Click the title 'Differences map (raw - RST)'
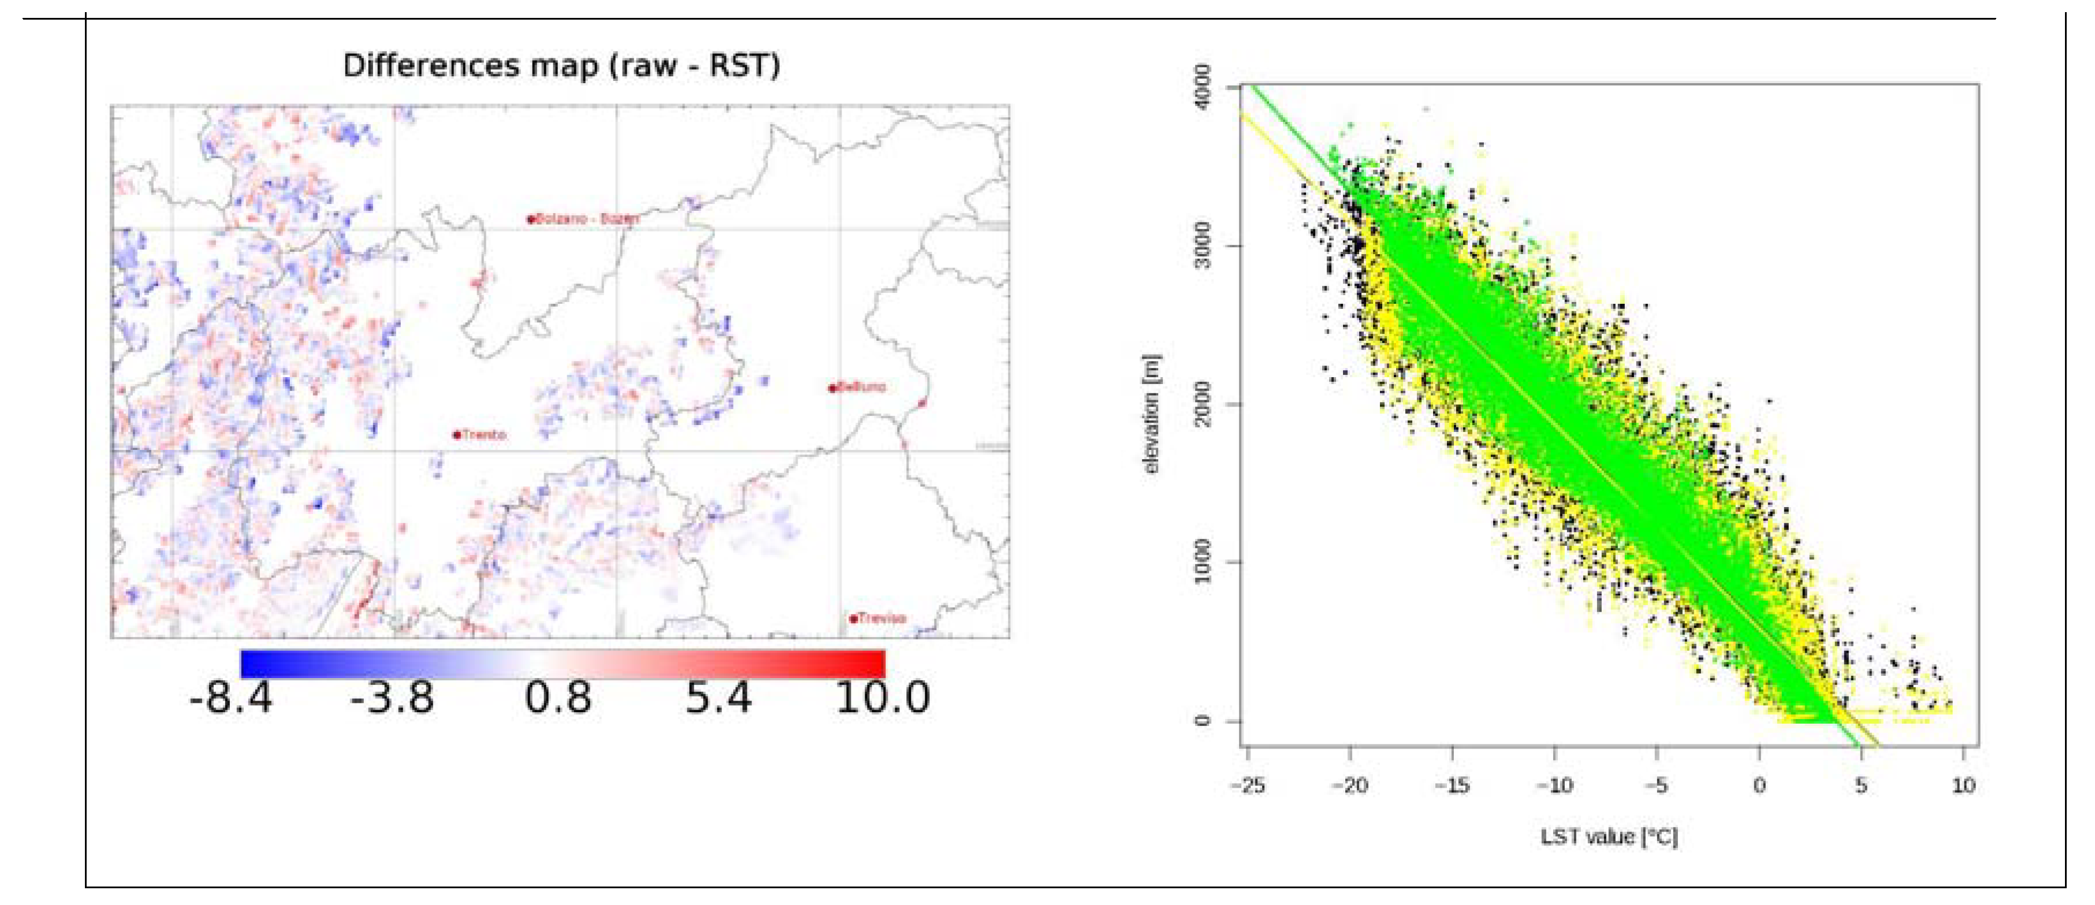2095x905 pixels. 561,65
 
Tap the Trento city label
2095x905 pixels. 484,435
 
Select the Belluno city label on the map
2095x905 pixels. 861,387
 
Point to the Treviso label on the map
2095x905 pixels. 881,618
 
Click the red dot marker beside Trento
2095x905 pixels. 457,435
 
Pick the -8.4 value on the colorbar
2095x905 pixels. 231,698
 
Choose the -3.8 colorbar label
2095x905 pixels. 392,698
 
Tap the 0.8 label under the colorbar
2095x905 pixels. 558,698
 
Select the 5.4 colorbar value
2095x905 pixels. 719,698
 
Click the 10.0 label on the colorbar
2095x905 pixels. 883,698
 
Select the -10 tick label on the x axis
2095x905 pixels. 1554,785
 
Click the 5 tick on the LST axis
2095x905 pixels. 1860,785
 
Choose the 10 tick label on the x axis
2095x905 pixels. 1963,785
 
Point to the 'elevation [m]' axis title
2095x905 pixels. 1152,415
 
